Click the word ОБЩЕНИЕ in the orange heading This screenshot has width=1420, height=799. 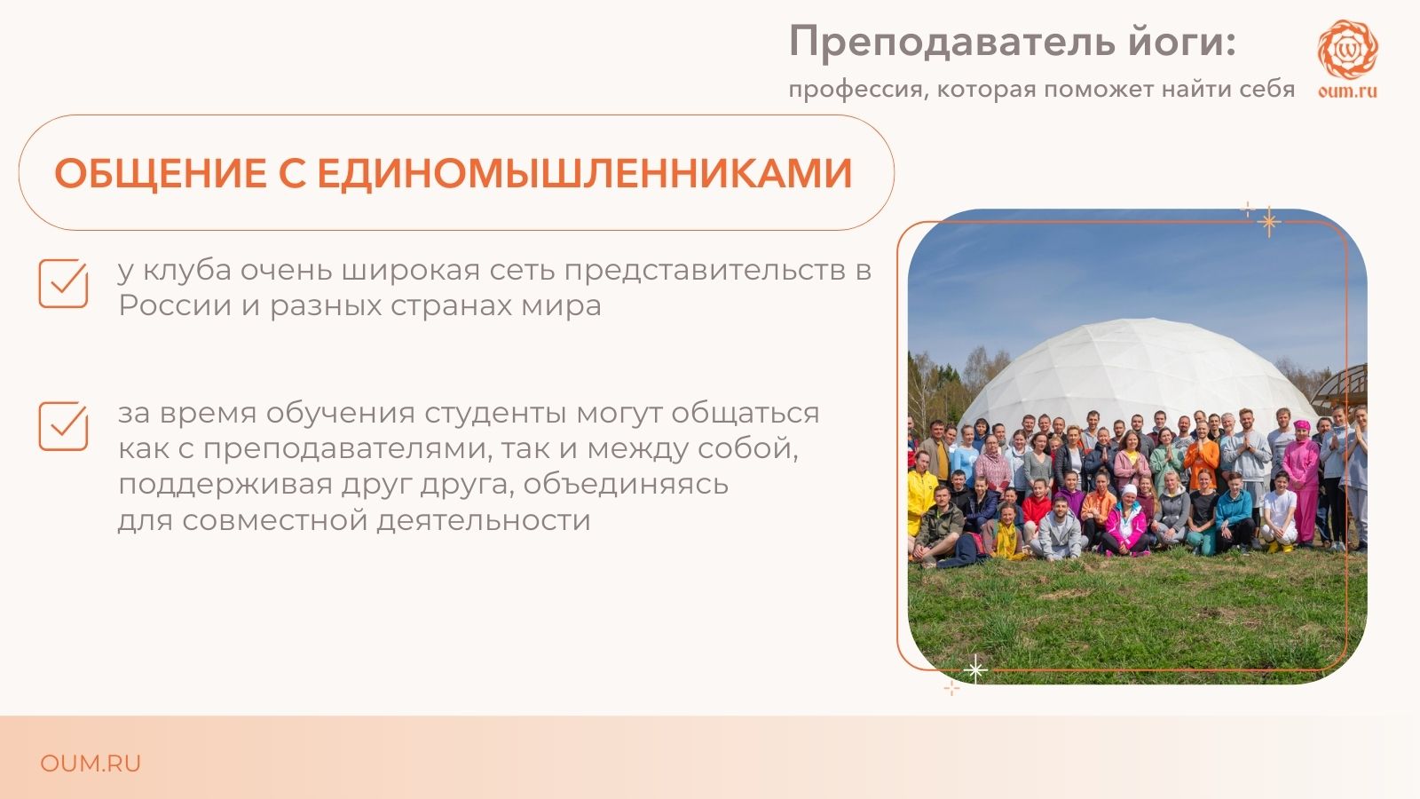coord(161,173)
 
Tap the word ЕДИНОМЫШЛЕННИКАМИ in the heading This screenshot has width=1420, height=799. coord(585,173)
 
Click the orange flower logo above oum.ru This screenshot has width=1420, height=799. coord(1348,49)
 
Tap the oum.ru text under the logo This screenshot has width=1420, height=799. coord(1348,91)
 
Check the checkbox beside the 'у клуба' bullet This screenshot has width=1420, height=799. coord(63,283)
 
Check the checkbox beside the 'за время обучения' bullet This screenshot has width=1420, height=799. coord(63,426)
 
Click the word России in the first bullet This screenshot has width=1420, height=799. coord(175,305)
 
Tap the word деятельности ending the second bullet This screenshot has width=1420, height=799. coord(484,520)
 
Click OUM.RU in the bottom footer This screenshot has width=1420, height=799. coord(90,763)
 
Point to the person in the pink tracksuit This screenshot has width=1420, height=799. coord(1301,482)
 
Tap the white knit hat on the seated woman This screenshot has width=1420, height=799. coord(1129,490)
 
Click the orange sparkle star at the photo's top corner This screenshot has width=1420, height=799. coord(1268,221)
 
